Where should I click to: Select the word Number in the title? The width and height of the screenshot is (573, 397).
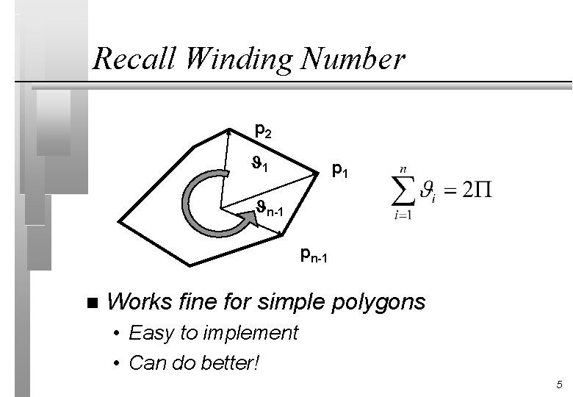361,59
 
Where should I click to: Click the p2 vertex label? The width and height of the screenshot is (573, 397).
263,132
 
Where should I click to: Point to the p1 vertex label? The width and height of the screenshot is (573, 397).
339,171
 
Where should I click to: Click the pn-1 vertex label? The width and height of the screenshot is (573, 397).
314,257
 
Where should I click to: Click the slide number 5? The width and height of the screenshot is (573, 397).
560,385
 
